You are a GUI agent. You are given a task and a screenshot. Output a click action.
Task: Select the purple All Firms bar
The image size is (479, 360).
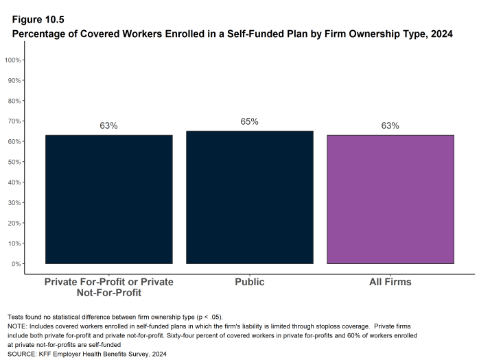pos(390,200)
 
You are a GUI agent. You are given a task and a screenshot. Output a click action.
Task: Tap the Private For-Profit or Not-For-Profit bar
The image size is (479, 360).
pos(108,200)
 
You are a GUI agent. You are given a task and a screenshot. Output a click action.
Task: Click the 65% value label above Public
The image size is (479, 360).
pos(249,121)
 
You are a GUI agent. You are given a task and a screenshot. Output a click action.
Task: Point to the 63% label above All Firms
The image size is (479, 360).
pos(390,125)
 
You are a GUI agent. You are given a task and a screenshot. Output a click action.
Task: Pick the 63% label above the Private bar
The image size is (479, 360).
pos(108,125)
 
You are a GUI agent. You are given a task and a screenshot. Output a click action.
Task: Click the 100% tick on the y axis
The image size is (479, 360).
pos(14,60)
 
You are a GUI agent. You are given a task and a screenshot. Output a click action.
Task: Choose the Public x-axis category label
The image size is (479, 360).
pos(249,282)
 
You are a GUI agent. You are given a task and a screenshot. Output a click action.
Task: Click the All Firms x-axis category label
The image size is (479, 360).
pos(390,282)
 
